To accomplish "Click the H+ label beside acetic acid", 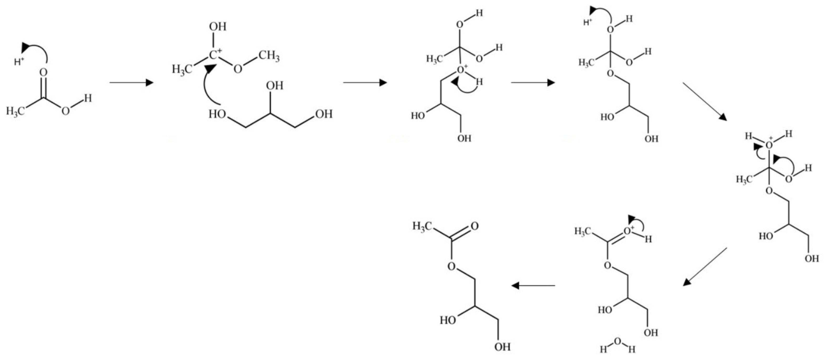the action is [19, 61].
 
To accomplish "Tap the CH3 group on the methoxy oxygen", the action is [269, 57].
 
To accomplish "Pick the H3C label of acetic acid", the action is [15, 111].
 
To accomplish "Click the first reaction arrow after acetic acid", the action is [131, 83].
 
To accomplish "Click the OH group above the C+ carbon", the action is [218, 27].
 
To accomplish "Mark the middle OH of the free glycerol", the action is [275, 86].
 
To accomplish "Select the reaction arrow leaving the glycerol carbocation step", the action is [365, 83].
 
